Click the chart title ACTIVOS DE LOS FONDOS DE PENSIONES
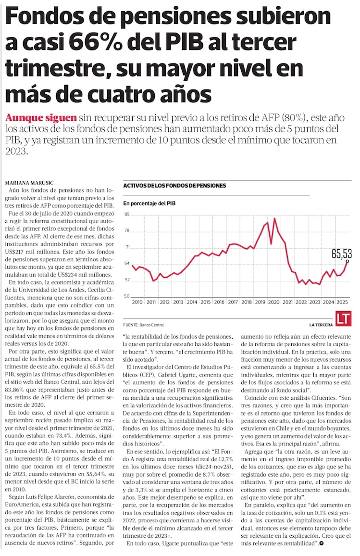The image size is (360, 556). coord(174,185)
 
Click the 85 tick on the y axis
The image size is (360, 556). coord(127,215)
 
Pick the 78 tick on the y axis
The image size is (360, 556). coord(127,231)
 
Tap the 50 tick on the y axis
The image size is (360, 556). coord(127,296)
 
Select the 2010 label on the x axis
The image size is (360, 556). coord(137,302)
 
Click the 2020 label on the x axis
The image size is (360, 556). coord(273,302)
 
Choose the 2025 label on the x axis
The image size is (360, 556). coord(342,302)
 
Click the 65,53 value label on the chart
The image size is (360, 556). coord(341,252)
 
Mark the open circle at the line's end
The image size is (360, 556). coord(347,261)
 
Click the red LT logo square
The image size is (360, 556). coord(342,319)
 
